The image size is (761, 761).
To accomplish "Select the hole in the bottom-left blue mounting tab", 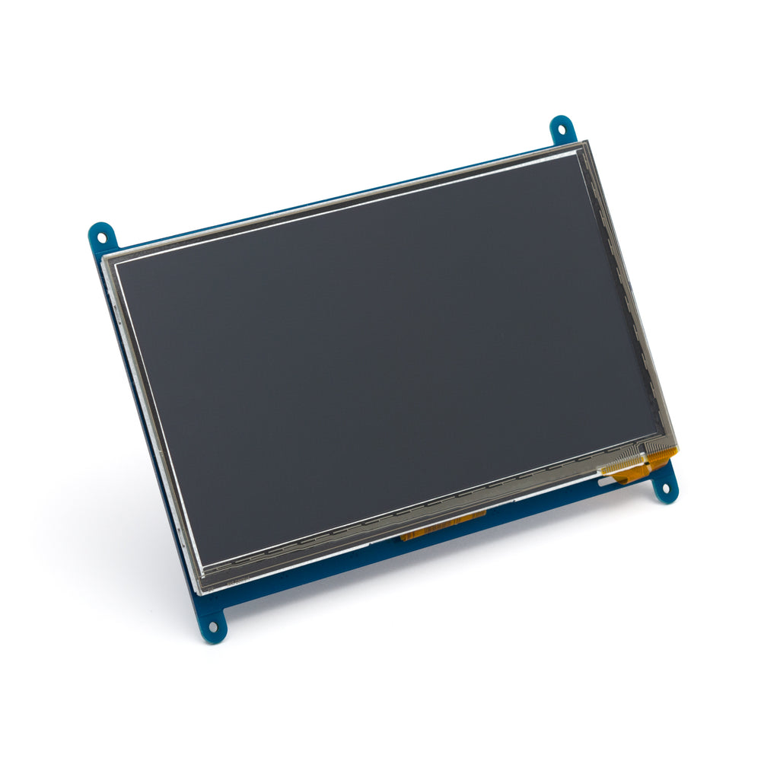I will (212, 626).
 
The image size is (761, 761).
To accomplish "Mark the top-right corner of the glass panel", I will (584, 142).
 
